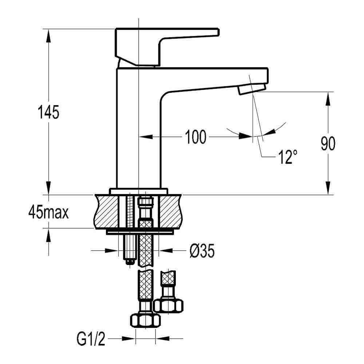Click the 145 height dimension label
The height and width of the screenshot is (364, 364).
tap(48, 112)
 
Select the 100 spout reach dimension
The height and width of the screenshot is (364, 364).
tap(195, 137)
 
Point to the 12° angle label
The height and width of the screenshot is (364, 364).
tap(287, 157)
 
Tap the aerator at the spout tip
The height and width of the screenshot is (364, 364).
tap(251, 89)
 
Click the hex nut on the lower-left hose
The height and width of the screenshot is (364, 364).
tap(145, 320)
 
